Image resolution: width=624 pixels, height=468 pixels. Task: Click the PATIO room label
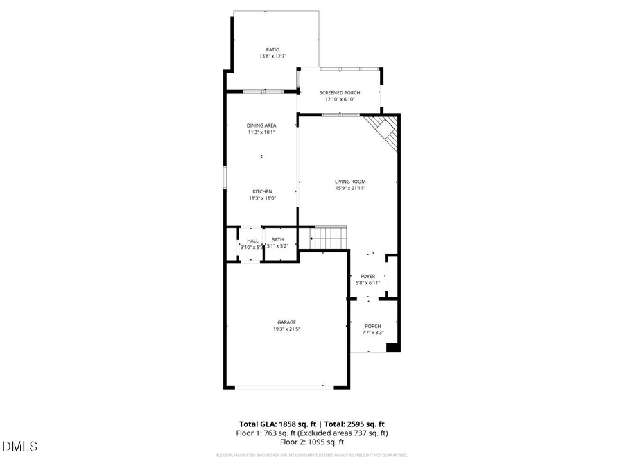(x=273, y=50)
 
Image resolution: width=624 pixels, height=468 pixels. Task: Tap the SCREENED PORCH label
(x=340, y=93)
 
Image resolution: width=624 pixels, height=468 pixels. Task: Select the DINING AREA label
(x=261, y=125)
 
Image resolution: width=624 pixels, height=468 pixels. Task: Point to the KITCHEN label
(x=262, y=191)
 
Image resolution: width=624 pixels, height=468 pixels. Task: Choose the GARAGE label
(x=287, y=322)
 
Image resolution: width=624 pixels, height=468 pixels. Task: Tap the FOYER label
(x=367, y=277)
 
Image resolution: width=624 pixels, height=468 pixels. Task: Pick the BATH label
(x=277, y=240)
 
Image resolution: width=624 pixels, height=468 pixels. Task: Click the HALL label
(x=252, y=241)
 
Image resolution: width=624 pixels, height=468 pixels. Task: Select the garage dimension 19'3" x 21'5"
(x=287, y=329)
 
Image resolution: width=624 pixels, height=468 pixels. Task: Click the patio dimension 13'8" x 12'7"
(x=273, y=56)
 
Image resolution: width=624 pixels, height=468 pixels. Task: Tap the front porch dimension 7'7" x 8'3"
(x=373, y=333)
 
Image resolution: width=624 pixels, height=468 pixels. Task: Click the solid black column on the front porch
(x=393, y=347)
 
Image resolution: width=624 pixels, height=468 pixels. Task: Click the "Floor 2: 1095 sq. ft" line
(x=312, y=442)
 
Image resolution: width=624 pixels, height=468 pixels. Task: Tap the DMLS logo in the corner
(x=20, y=446)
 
